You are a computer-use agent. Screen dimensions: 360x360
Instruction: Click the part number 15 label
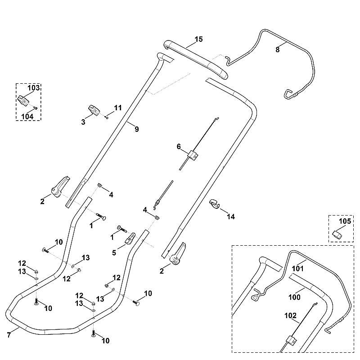tap(199, 39)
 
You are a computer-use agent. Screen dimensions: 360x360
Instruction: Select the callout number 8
tap(278, 49)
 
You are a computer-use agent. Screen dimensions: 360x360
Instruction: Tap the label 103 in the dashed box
tap(34, 88)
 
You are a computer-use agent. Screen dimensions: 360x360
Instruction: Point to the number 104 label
tap(27, 117)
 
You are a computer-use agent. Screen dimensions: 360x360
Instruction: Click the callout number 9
tap(137, 129)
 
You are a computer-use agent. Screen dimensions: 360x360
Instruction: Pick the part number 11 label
tap(118, 108)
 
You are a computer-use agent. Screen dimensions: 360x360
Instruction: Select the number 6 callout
tap(179, 147)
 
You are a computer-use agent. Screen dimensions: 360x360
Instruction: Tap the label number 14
tap(231, 216)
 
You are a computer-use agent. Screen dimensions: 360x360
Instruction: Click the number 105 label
tap(345, 221)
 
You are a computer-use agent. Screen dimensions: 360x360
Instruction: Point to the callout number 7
tap(9, 335)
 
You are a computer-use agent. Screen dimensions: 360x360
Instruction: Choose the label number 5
tap(114, 253)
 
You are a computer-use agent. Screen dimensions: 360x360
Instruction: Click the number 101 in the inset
tap(297, 268)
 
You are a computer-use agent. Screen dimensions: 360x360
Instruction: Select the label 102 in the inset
tap(290, 316)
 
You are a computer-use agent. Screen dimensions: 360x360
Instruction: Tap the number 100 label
tap(295, 297)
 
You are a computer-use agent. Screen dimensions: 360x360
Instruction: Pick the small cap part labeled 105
tap(337, 234)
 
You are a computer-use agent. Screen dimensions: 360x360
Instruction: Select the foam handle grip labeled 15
tap(198, 59)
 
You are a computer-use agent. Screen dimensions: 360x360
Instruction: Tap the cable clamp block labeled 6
tap(193, 156)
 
